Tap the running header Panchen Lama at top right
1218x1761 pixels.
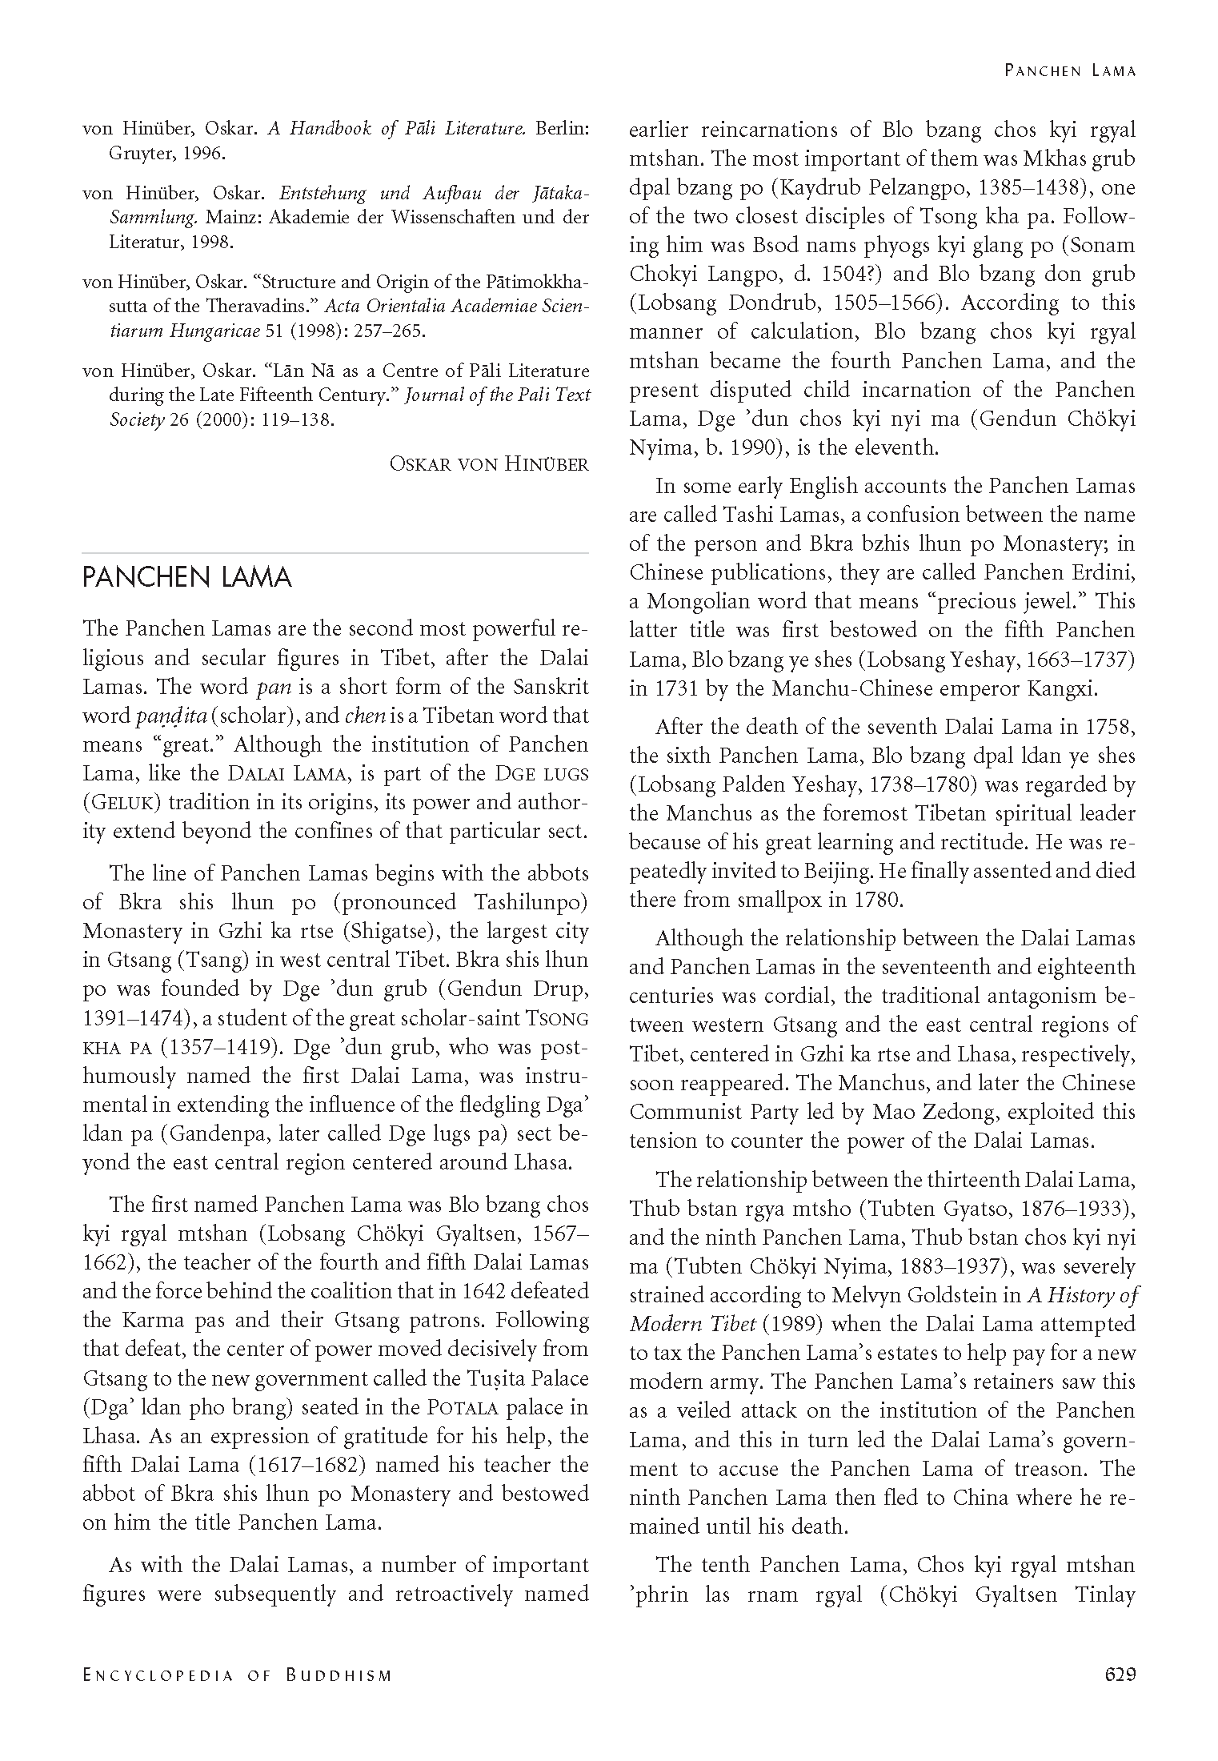(1070, 70)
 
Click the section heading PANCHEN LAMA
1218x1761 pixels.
(186, 577)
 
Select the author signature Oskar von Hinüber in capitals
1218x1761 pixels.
(488, 463)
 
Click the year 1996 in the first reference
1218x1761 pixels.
(204, 154)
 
